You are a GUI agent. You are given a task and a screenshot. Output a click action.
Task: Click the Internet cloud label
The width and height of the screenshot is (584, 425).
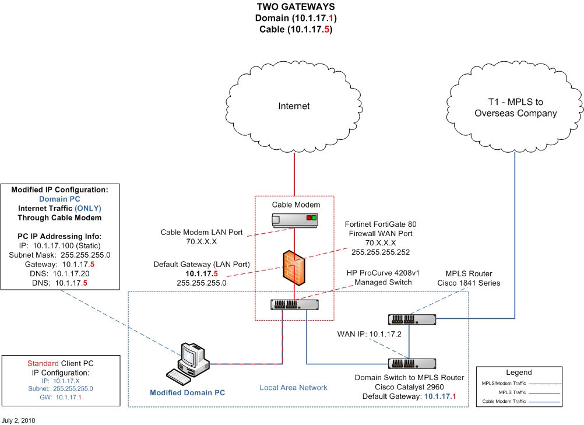click(x=294, y=106)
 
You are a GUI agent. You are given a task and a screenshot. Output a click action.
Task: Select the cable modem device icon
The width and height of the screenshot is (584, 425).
click(x=294, y=220)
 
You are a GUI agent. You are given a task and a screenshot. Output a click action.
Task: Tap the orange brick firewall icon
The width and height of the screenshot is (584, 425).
click(x=294, y=266)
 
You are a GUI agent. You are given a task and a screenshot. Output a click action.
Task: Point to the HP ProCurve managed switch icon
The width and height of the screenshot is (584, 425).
click(x=294, y=304)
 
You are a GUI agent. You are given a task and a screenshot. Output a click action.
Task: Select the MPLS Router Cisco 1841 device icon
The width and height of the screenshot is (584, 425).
click(x=412, y=319)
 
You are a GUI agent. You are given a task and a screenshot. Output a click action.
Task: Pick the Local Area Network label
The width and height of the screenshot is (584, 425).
click(x=294, y=388)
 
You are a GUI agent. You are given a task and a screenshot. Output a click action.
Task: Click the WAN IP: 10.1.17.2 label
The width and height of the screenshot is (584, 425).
click(x=369, y=334)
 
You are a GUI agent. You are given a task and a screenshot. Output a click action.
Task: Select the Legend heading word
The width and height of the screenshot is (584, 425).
click(x=518, y=372)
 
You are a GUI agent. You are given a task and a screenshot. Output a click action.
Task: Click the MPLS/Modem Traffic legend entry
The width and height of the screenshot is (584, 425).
click(x=503, y=383)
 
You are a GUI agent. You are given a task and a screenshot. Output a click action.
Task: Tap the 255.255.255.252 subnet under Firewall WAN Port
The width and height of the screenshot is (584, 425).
click(x=379, y=252)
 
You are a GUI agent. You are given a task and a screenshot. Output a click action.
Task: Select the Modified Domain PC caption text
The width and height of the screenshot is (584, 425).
click(x=187, y=392)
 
